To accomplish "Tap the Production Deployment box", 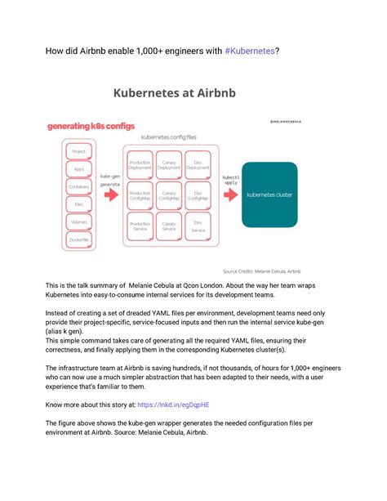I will tap(140, 164).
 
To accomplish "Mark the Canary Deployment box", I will tap(169, 164).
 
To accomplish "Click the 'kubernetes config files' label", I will tap(169, 138).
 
